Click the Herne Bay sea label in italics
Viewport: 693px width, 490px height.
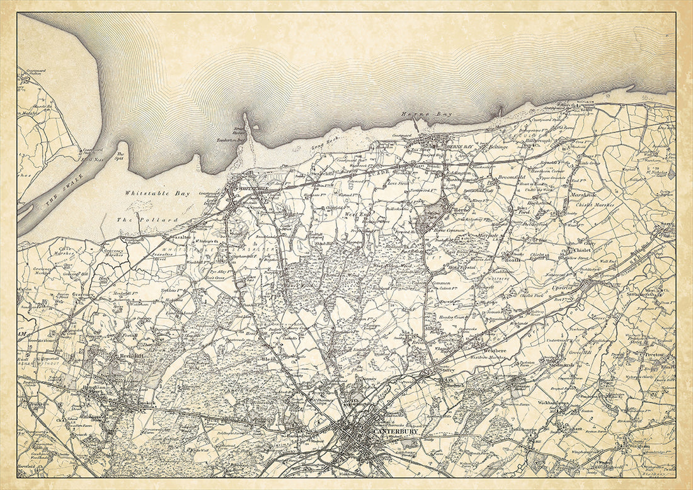(420, 115)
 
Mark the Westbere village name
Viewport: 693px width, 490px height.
(495, 350)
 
